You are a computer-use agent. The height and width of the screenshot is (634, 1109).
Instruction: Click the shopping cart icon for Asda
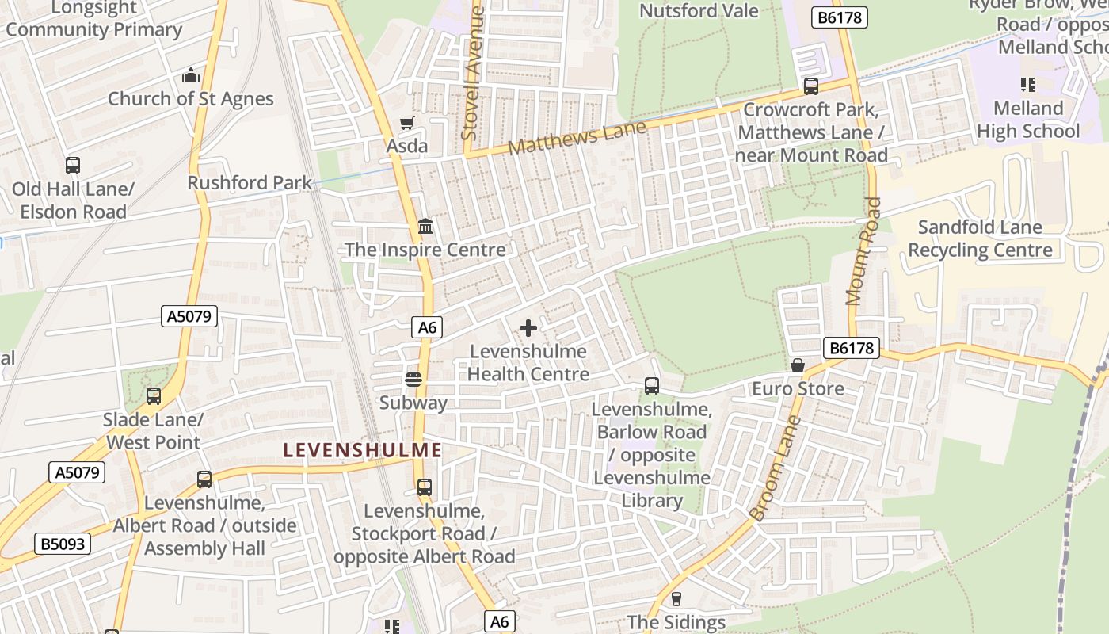pyautogui.click(x=406, y=123)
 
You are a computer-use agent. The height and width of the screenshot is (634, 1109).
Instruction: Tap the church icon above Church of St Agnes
pyautogui.click(x=190, y=76)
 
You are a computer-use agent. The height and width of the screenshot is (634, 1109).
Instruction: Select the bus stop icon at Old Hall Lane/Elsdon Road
pyautogui.click(x=73, y=166)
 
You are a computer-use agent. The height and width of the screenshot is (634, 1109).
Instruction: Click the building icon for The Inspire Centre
pyautogui.click(x=425, y=227)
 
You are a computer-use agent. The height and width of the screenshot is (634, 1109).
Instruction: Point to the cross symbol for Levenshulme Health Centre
pyautogui.click(x=528, y=328)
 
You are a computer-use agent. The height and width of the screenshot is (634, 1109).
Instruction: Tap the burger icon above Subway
pyautogui.click(x=413, y=380)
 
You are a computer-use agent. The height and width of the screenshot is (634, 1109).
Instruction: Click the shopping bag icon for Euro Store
pyautogui.click(x=798, y=365)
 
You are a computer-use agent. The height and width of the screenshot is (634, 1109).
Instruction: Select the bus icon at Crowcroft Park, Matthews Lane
pyautogui.click(x=810, y=86)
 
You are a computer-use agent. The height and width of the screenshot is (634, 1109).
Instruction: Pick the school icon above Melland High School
pyautogui.click(x=1028, y=85)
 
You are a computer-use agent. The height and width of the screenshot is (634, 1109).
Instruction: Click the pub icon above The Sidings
pyautogui.click(x=676, y=599)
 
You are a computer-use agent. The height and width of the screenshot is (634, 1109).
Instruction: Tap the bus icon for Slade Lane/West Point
pyautogui.click(x=154, y=396)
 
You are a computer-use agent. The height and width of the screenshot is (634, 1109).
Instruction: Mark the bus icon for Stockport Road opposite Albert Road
pyautogui.click(x=425, y=487)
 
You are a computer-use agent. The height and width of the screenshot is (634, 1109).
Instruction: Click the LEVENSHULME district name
pyautogui.click(x=363, y=450)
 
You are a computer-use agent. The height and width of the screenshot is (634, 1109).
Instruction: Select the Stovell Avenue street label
pyautogui.click(x=473, y=74)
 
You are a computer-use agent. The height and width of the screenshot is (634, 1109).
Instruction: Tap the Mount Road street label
pyautogui.click(x=863, y=252)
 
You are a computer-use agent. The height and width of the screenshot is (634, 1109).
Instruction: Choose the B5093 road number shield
pyautogui.click(x=63, y=544)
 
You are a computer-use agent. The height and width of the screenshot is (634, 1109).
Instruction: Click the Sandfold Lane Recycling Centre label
pyautogui.click(x=980, y=239)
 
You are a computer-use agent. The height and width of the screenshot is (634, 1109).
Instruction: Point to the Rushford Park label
pyautogui.click(x=250, y=182)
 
